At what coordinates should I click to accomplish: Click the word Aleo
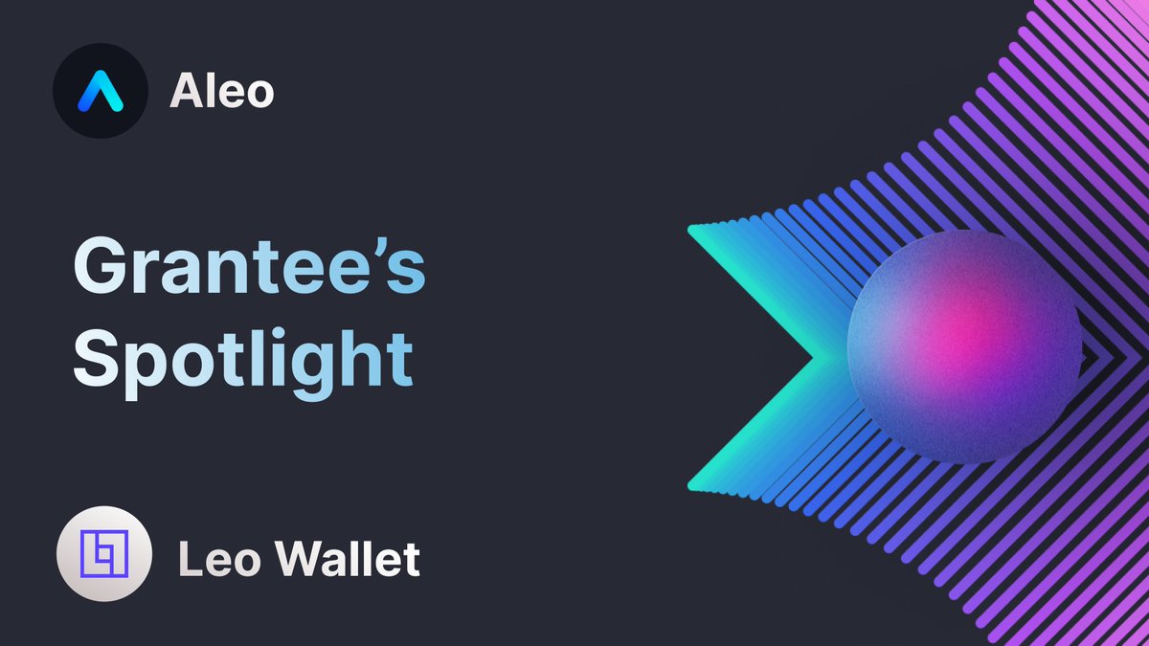[x=221, y=92]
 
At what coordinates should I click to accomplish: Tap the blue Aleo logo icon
[x=101, y=92]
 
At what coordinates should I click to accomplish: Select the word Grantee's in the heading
[x=249, y=268]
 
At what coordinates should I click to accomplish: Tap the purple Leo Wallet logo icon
[x=103, y=554]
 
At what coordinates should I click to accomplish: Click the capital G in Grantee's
[x=101, y=268]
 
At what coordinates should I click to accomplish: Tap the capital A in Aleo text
[x=186, y=92]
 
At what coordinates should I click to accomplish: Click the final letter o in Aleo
[x=258, y=96]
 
